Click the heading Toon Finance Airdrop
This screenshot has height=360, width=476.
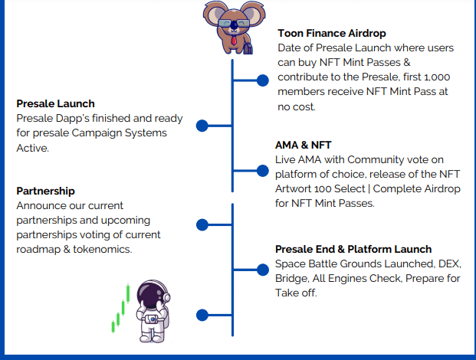click(331, 33)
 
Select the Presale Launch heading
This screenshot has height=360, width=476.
click(56, 103)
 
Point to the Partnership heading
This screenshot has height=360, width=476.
click(45, 191)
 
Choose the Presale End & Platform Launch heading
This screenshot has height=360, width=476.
click(353, 249)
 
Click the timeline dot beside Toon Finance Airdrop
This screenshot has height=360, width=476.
click(262, 80)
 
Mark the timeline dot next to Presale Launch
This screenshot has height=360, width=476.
click(202, 126)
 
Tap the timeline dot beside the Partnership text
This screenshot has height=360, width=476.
click(202, 224)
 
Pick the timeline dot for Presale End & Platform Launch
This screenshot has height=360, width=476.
click(262, 269)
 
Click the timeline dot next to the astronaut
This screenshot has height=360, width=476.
click(202, 315)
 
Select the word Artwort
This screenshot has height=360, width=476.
click(295, 188)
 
